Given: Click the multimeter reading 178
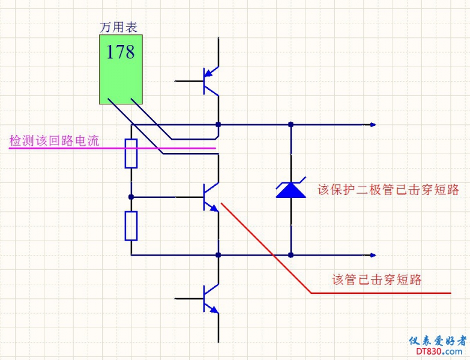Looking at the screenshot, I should pyautogui.click(x=120, y=52).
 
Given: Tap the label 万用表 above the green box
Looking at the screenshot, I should pyautogui.click(x=118, y=27).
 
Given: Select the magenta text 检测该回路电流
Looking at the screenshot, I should pyautogui.click(x=54, y=141).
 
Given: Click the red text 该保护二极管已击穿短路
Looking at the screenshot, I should pyautogui.click(x=388, y=190).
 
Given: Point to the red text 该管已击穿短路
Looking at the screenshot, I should pyautogui.click(x=377, y=280).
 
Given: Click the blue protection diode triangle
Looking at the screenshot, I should pyautogui.click(x=291, y=190).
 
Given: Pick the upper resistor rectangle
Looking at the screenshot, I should pyautogui.click(x=131, y=153).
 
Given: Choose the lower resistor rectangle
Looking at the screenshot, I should pyautogui.click(x=131, y=226).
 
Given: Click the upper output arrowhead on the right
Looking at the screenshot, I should pyautogui.click(x=373, y=125).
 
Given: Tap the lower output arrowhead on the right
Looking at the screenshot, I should pyautogui.click(x=373, y=255).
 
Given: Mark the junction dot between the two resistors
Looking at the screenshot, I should pyautogui.click(x=131, y=196).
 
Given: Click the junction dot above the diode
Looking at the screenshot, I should pyautogui.click(x=291, y=125).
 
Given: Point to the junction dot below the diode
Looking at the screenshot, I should pyautogui.click(x=291, y=255).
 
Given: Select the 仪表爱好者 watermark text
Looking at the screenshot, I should pyautogui.click(x=437, y=341).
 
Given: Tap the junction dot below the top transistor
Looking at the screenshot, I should pyautogui.click(x=218, y=125).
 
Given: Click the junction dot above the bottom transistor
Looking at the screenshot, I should pyautogui.click(x=218, y=255).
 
